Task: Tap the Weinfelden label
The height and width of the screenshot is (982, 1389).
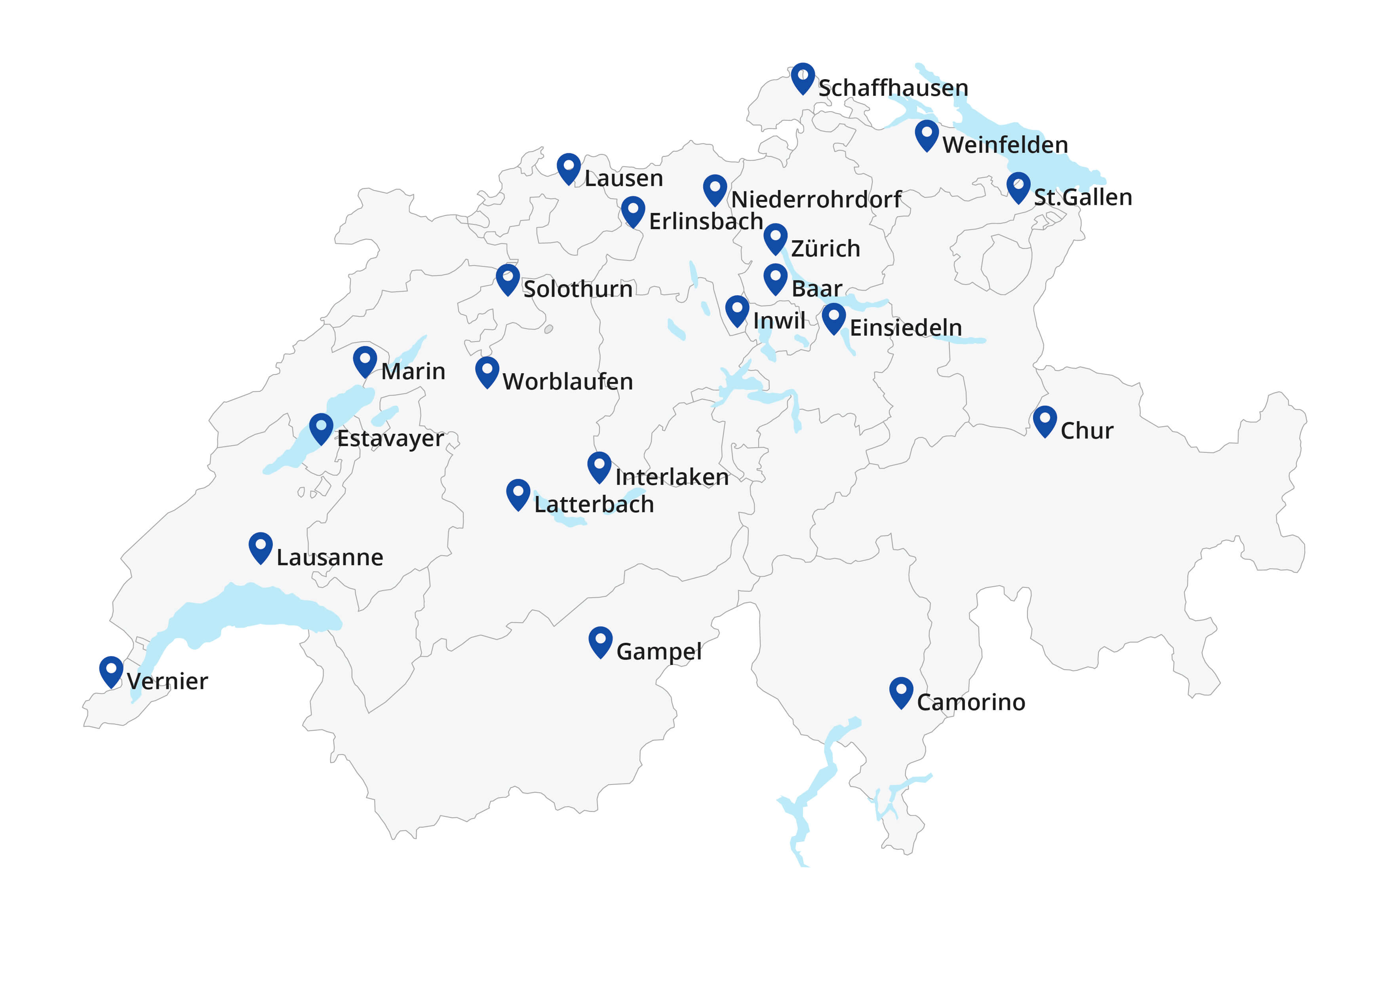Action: pos(1005,145)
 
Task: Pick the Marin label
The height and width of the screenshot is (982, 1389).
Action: pos(413,371)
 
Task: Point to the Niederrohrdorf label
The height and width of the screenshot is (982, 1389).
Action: pos(816,199)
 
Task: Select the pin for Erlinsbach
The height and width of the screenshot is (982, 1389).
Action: pos(633,211)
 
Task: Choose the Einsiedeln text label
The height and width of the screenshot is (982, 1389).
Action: pos(906,328)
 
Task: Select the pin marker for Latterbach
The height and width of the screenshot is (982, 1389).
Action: pos(518,494)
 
